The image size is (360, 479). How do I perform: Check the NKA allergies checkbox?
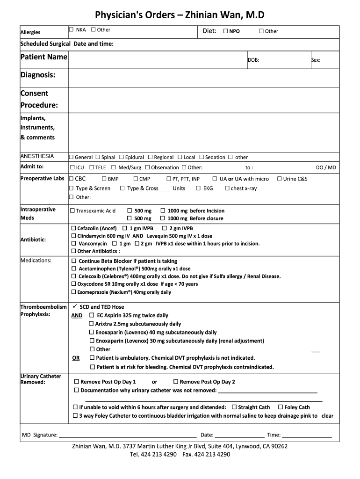pyautogui.click(x=72, y=30)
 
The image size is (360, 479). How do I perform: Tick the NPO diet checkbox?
pyautogui.click(x=225, y=31)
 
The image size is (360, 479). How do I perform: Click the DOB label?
pyautogui.click(x=253, y=60)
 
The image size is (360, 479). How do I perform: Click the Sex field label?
pyautogui.click(x=316, y=60)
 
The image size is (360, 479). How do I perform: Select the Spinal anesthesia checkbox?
pyautogui.click(x=97, y=157)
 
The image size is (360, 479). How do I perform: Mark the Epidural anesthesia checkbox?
pyautogui.click(x=121, y=157)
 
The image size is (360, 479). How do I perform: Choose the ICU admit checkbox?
pyautogui.click(x=72, y=167)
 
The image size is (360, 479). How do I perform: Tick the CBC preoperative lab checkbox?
pyautogui.click(x=72, y=179)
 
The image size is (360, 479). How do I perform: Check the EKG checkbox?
pyautogui.click(x=198, y=189)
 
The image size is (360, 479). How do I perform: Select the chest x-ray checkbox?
pyautogui.click(x=227, y=189)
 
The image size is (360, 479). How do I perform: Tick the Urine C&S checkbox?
pyautogui.click(x=280, y=179)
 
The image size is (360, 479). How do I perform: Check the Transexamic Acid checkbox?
pyautogui.click(x=72, y=211)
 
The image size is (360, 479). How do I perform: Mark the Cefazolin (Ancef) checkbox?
pyautogui.click(x=73, y=228)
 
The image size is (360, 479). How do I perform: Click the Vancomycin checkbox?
pyautogui.click(x=73, y=244)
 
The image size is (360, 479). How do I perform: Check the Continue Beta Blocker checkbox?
pyautogui.click(x=73, y=261)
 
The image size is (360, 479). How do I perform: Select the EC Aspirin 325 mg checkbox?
pyautogui.click(x=92, y=315)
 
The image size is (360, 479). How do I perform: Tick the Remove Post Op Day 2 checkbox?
pyautogui.click(x=176, y=382)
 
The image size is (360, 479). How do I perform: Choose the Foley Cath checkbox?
pyautogui.click(x=281, y=407)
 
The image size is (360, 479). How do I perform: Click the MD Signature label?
pyautogui.click(x=40, y=435)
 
